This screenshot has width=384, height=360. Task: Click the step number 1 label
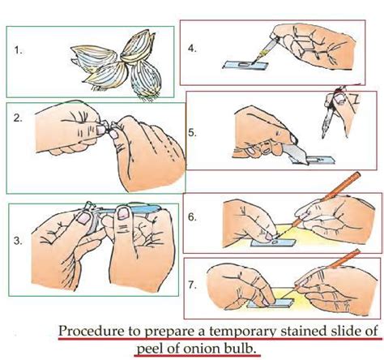point(18,50)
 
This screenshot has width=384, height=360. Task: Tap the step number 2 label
point(18,118)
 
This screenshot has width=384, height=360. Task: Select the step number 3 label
point(18,241)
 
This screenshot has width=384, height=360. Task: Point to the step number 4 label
point(192,49)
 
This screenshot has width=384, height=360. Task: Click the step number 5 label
point(192,133)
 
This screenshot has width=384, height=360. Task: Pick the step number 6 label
point(192,217)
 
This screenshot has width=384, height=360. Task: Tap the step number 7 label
point(192,285)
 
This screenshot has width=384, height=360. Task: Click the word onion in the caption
point(200,349)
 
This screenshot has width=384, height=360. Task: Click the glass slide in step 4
point(245,65)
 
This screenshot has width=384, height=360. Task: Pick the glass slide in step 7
point(270,303)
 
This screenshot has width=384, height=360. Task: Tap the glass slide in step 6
point(273,242)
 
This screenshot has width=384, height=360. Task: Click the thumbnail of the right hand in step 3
point(122,212)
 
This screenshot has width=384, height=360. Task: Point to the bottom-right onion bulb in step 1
point(145,79)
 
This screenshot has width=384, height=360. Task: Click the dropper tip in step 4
point(253,63)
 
